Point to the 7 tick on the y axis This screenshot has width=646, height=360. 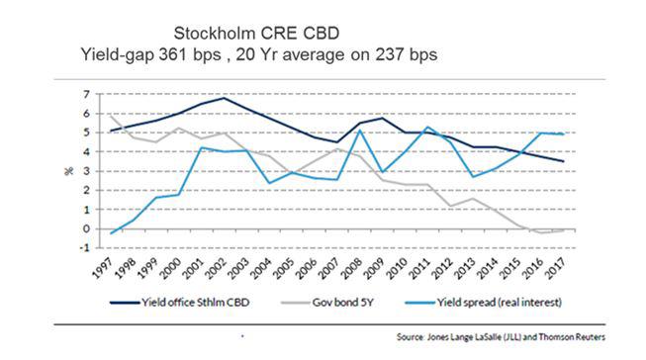(x=87, y=94)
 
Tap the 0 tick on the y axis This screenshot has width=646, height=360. (x=87, y=228)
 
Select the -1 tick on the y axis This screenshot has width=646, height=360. (x=85, y=248)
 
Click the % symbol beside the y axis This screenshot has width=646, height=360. (x=69, y=171)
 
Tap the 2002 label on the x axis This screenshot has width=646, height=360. (x=212, y=270)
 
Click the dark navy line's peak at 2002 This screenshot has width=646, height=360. (x=226, y=98)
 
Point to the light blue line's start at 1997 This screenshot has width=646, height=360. (x=112, y=232)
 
